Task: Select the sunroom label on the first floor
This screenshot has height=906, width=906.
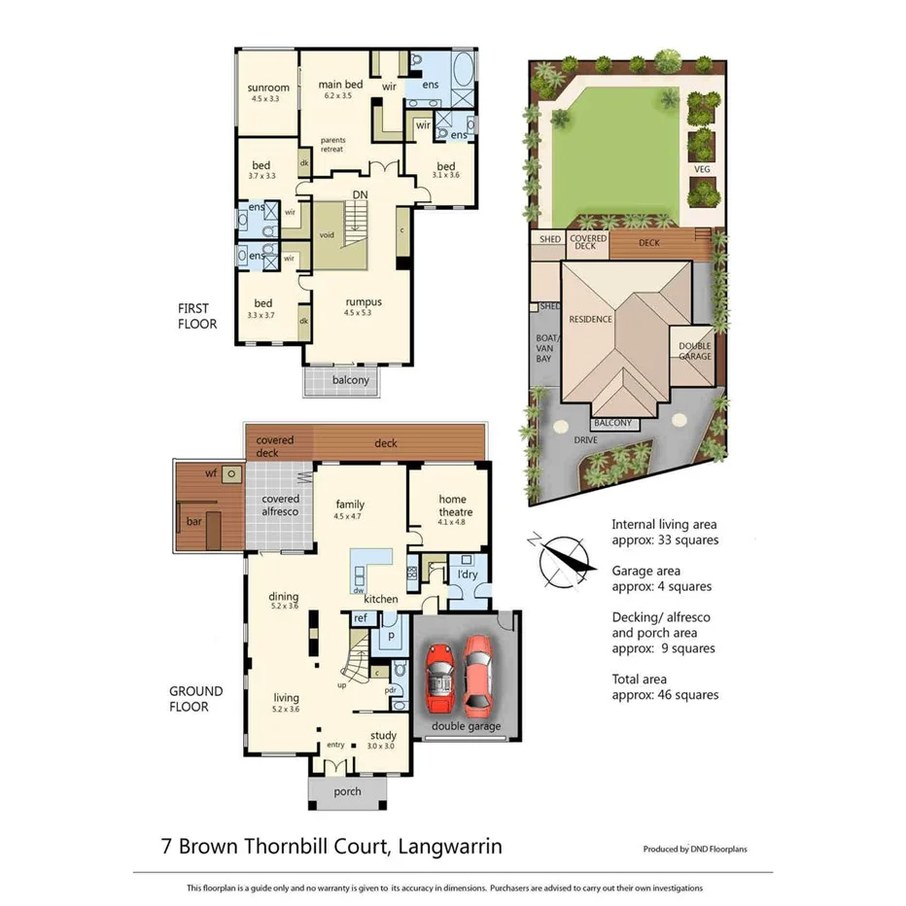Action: [x=269, y=88]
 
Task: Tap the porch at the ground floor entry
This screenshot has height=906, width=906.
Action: [x=347, y=791]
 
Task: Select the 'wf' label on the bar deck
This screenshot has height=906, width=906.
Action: [x=211, y=473]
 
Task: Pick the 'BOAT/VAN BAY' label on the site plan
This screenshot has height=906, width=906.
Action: [x=544, y=349]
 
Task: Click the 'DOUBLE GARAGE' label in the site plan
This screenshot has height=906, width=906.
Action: [x=695, y=351]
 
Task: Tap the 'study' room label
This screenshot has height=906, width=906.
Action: [x=382, y=736]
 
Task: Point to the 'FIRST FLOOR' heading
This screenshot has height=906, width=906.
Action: [x=196, y=315]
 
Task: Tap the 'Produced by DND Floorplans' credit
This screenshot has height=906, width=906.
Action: [x=695, y=849]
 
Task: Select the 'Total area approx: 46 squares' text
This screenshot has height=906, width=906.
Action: [x=665, y=686]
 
